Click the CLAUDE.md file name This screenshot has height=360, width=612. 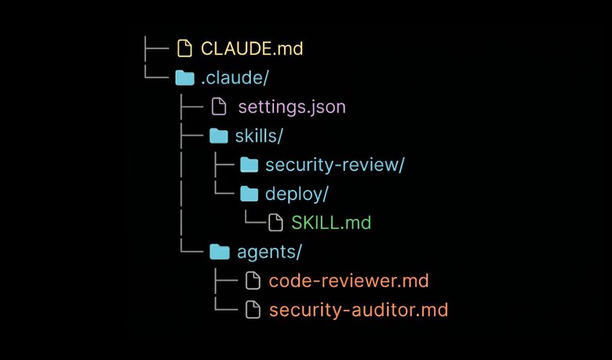251,49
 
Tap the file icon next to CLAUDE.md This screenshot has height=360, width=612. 184,49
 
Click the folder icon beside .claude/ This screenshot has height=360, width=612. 184,78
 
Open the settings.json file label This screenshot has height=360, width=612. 291,107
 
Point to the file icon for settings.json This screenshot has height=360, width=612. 219,107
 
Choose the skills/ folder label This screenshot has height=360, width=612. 258,136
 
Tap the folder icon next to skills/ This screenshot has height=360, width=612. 218,136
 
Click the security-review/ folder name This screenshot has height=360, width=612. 335,165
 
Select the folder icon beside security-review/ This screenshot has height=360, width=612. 249,165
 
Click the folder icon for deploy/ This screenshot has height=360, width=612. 249,194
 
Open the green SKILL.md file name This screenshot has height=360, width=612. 331,223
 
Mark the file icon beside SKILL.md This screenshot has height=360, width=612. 275,223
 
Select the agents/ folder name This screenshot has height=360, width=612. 268,252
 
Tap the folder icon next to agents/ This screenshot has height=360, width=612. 218,252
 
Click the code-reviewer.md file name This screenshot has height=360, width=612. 348,281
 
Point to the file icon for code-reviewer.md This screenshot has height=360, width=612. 252,281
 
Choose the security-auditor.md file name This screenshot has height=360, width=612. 358,310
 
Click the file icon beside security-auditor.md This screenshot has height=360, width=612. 252,310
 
